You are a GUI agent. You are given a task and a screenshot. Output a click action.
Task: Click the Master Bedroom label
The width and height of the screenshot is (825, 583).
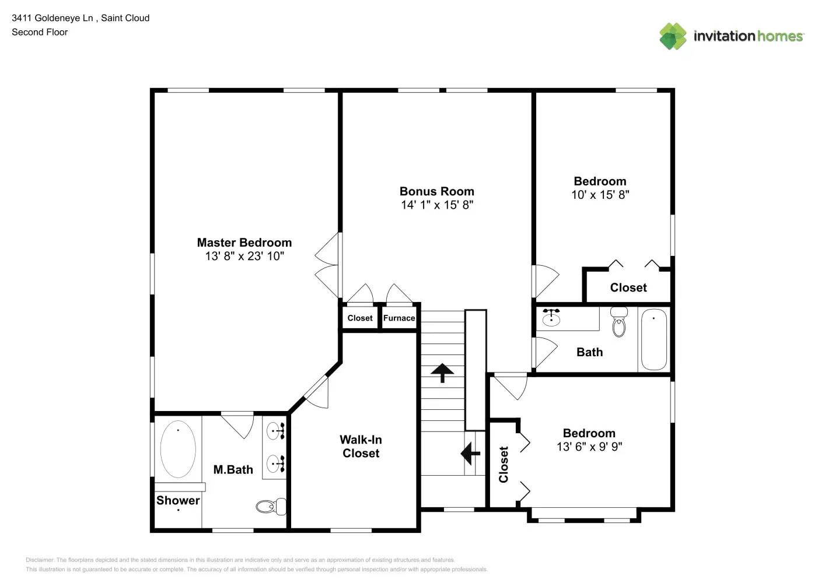[244, 243]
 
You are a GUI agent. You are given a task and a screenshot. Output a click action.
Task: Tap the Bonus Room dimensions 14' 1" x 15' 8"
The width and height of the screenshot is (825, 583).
[437, 205]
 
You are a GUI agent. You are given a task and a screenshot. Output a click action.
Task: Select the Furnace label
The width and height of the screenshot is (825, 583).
[399, 318]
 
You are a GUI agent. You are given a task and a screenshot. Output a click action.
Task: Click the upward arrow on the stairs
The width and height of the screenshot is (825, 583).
[442, 373]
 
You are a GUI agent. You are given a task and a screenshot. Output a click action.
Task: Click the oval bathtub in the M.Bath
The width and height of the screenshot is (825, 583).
[178, 449]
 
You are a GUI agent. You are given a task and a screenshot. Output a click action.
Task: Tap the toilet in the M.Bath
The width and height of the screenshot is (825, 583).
[271, 507]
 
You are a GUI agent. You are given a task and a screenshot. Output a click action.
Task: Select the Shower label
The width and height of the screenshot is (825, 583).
[178, 500]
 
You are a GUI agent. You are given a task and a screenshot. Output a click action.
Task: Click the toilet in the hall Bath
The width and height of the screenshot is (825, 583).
[619, 323]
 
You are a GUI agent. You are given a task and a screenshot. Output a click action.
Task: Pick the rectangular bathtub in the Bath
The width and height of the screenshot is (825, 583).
[653, 340]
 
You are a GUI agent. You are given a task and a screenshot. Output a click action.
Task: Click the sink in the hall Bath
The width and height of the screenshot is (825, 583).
[551, 318]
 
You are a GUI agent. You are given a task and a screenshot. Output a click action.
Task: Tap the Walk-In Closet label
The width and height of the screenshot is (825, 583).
[361, 447]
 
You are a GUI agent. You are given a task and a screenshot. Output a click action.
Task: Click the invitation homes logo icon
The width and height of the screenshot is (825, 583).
[673, 36]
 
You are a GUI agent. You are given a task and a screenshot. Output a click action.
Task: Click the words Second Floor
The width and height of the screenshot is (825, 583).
[40, 32]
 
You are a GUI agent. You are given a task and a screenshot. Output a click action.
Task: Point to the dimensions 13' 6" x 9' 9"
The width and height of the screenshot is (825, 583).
[589, 447]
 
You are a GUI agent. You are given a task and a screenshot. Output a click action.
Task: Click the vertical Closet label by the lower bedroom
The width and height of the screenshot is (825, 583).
[504, 465]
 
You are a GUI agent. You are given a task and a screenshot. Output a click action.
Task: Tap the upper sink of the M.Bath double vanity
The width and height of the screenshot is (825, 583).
[275, 431]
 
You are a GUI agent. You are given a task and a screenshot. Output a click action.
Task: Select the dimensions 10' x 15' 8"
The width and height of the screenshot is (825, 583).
[600, 195]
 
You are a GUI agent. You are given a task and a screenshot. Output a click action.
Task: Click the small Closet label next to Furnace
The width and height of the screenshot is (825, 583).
[360, 318]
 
